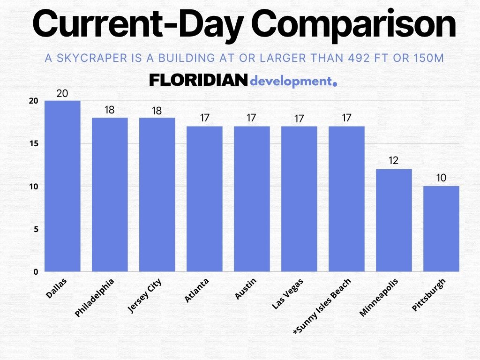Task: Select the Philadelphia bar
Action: pos(110,195)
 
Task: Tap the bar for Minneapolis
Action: pos(394,220)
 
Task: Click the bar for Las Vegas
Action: pos(299,199)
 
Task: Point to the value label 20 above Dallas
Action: pos(62,93)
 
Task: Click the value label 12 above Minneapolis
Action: pos(393,161)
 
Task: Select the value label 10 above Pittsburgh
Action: pos(441,178)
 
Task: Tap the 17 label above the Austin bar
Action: pos(252,118)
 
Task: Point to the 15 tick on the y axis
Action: pos(33,143)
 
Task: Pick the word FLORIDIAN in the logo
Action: pos(198,81)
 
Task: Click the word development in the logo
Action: pos(291,81)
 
